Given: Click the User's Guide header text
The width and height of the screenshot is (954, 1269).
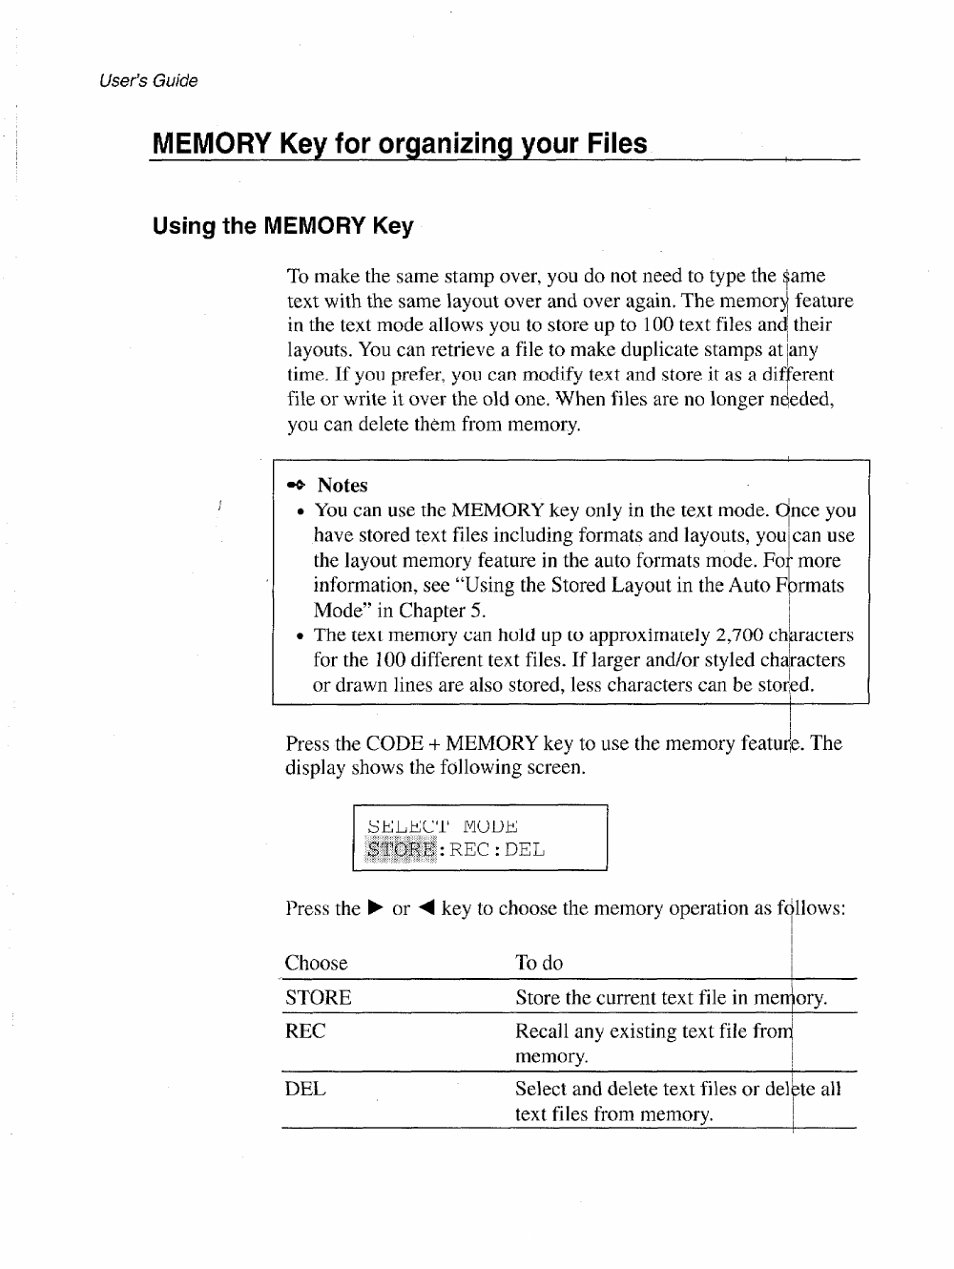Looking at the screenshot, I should (148, 81).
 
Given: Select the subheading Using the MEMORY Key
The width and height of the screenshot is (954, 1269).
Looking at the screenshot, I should (283, 226).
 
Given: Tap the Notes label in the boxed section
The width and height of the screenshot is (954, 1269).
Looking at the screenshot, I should (342, 485).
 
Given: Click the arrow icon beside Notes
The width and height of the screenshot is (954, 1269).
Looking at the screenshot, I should (298, 485).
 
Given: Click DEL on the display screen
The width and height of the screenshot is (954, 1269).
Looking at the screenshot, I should (526, 849).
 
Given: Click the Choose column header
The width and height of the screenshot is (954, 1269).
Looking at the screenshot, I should (316, 963).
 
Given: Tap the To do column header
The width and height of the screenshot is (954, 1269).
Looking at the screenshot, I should (539, 963).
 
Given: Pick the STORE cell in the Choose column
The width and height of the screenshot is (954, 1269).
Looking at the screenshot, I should (318, 998).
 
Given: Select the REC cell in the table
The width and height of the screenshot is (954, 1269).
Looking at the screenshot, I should (305, 1031).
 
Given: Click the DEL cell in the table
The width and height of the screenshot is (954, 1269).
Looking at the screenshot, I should (305, 1089).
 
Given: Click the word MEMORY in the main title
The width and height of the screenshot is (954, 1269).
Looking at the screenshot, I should (210, 144).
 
